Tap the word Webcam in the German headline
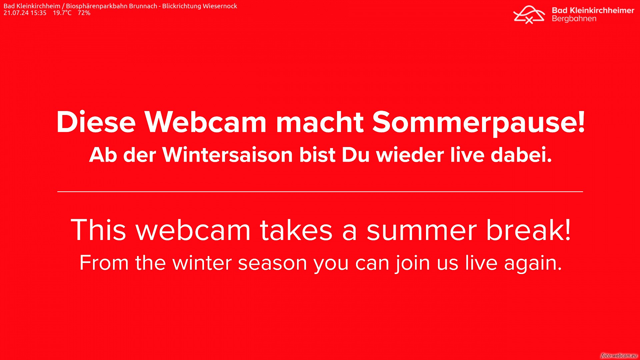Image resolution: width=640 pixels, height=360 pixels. pos(205,122)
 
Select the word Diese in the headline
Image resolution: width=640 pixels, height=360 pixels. pos(96,122)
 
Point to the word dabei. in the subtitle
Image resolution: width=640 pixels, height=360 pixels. pos(521,155)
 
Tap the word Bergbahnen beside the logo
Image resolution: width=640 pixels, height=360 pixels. pos(574,19)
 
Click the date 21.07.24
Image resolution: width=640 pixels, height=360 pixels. pos(16,13)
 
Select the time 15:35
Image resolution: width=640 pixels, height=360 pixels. pos(39,13)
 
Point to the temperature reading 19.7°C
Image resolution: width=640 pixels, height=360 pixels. pos(62,13)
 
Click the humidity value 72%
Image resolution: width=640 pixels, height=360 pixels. pos(84,13)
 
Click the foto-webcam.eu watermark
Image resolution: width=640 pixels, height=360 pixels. pos(619,356)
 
